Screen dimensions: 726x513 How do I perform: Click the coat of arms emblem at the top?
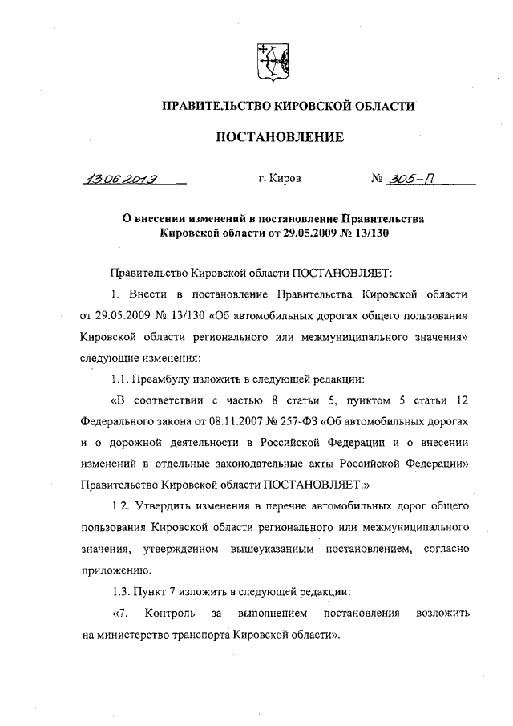point(268,63)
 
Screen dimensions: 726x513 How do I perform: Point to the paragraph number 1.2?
point(120,507)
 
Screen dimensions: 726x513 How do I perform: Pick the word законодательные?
point(285,464)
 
